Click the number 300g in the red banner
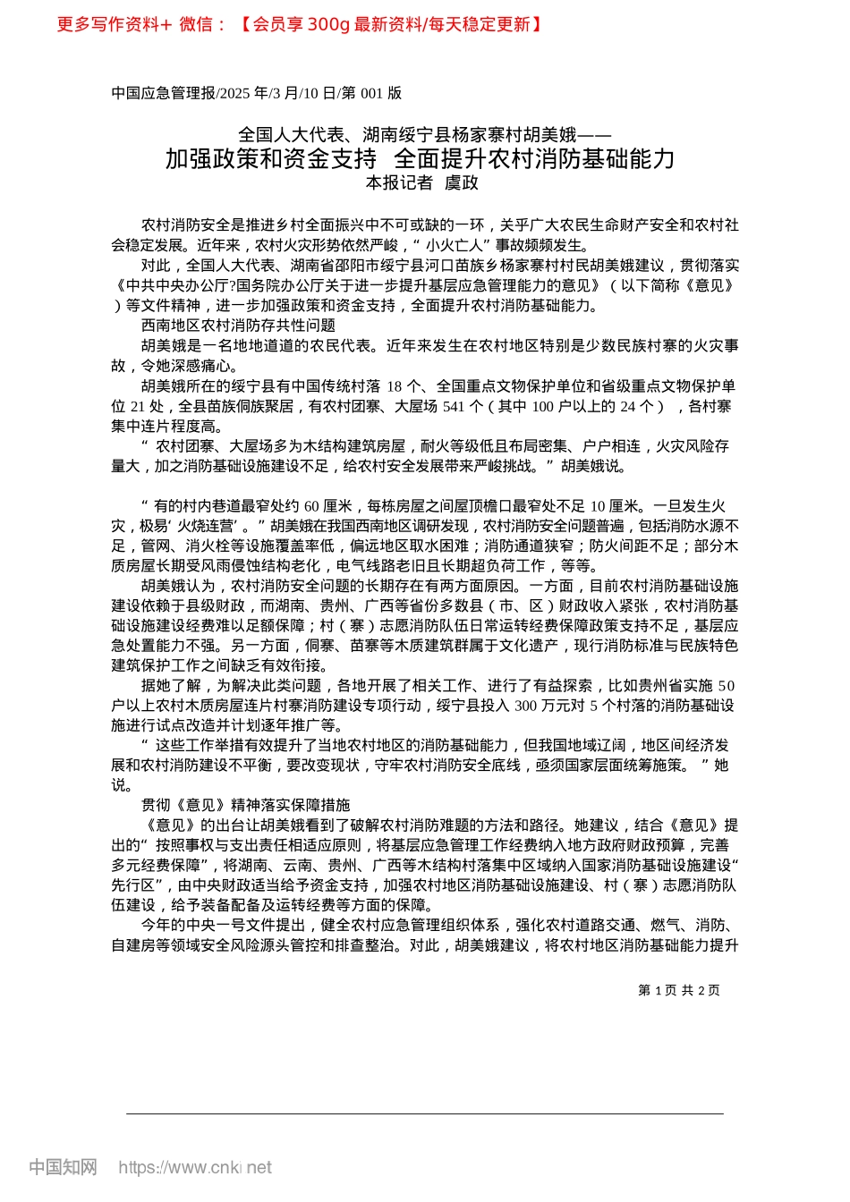328,25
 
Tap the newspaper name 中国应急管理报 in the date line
164,93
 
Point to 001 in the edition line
371,93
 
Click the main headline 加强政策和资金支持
271,159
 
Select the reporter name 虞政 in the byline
462,183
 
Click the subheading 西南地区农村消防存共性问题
238,326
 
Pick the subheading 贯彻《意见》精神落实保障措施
245,805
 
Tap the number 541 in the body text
454,406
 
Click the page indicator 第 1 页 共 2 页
678,990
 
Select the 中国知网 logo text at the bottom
63,1167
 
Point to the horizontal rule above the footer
425,1113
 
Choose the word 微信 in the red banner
196,25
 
